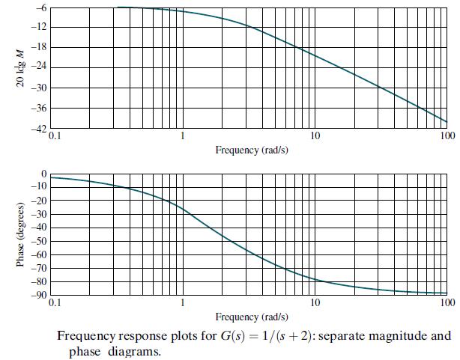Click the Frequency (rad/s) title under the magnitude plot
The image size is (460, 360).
pyautogui.click(x=252, y=150)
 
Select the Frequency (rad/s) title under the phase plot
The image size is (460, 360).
pyautogui.click(x=252, y=317)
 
